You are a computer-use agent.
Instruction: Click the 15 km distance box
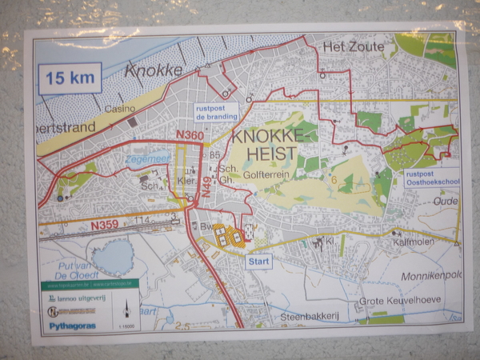(x=70, y=78)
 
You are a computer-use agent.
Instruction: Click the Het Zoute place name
(x=353, y=49)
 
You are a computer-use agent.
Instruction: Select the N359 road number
(x=105, y=226)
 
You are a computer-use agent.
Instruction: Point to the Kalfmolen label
(x=412, y=241)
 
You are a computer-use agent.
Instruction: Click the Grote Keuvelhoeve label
(x=400, y=302)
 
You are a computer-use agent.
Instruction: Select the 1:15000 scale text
(x=125, y=326)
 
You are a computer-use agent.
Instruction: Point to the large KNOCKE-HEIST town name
(x=264, y=145)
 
